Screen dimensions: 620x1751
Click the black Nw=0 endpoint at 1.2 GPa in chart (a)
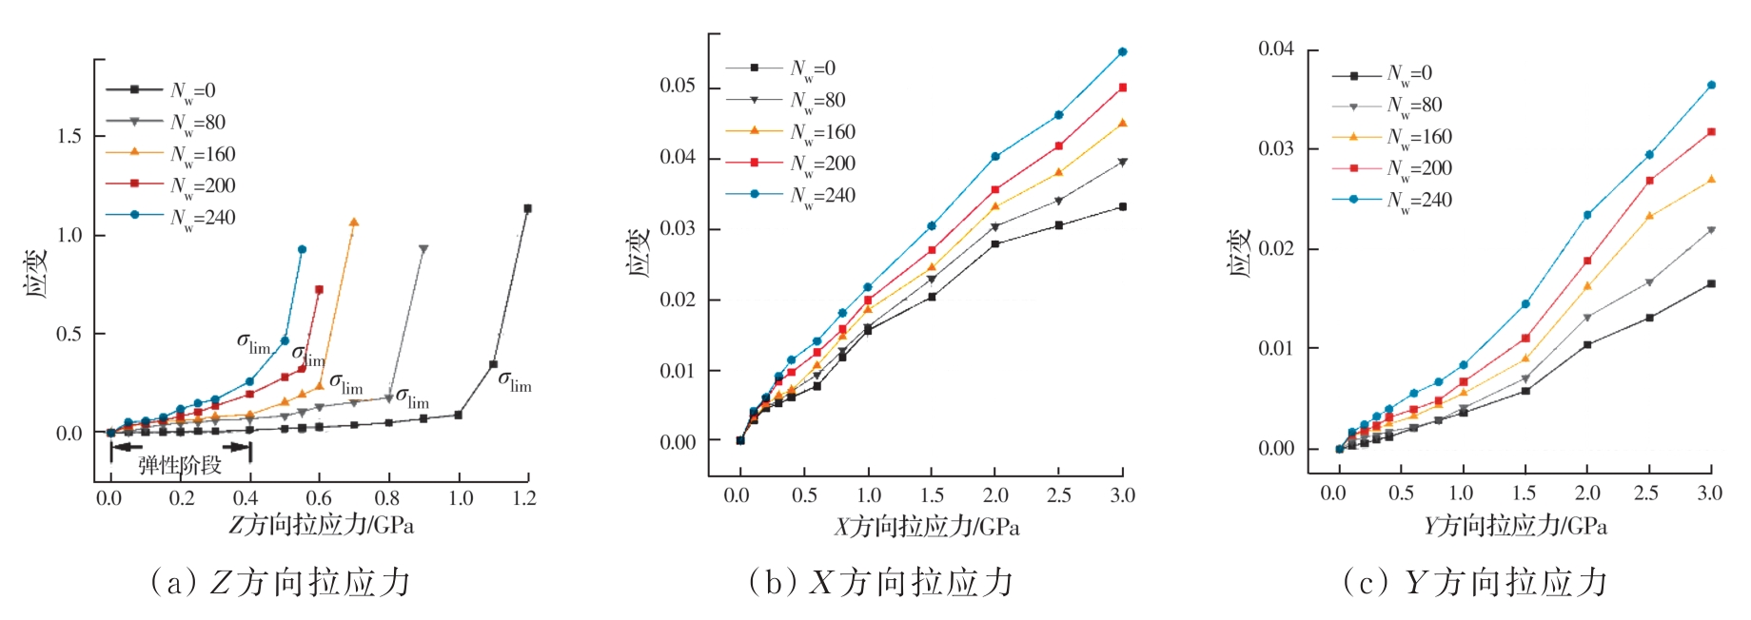pos(527,208)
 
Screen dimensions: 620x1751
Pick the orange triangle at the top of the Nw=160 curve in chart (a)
pos(354,223)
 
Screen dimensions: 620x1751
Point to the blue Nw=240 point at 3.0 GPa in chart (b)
pos(1123,51)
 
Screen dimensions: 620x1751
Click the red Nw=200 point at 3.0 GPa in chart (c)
pos(1711,131)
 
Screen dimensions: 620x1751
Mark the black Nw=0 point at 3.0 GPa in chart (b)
pos(1123,206)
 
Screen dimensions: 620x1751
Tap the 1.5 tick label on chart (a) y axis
pos(69,136)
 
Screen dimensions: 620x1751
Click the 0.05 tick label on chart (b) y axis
pos(678,87)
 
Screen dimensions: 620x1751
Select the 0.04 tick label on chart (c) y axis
pos(1276,48)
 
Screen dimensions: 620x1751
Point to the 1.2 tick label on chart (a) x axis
pos(524,498)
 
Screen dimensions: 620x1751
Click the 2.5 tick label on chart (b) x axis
pos(1058,495)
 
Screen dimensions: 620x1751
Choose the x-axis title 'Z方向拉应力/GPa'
pos(321,525)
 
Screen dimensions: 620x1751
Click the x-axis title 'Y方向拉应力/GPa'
pos(1515,526)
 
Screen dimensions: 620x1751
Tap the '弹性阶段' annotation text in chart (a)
pos(180,465)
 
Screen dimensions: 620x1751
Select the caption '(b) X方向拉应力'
pos(881,582)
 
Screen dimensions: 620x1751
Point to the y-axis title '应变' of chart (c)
pos(1240,253)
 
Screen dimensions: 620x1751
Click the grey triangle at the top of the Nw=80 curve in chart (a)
pos(423,249)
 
